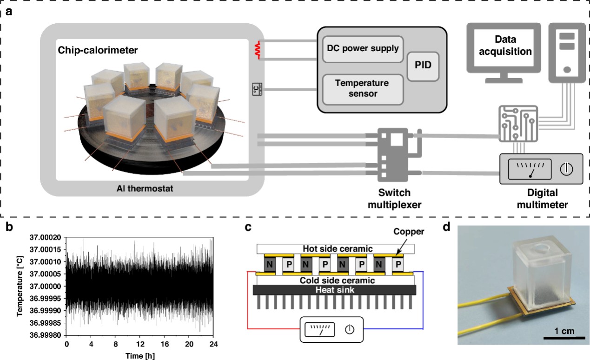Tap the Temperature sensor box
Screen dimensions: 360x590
click(362, 88)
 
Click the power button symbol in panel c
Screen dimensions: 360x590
click(350, 329)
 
